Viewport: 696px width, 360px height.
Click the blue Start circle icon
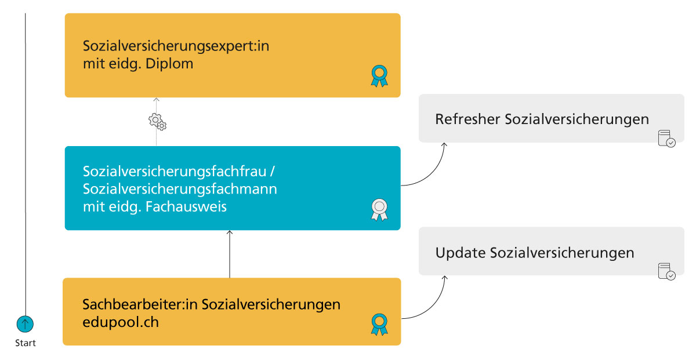pos(25,324)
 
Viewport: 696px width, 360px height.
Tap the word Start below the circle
pos(26,343)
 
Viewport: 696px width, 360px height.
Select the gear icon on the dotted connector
pos(157,122)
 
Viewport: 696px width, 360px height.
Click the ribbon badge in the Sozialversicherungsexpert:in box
pos(379,76)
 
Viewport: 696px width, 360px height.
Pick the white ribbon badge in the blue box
pos(379,210)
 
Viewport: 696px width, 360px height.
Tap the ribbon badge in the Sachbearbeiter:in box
pos(379,325)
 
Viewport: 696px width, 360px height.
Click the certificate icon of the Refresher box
pos(666,139)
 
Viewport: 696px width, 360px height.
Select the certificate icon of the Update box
pos(666,272)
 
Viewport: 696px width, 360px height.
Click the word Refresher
pos(467,119)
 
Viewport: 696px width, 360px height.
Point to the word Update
pos(461,253)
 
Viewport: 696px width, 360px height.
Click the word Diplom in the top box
pos(169,64)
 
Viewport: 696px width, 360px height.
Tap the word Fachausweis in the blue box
pos(186,207)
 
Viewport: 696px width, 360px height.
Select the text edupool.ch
pos(121,322)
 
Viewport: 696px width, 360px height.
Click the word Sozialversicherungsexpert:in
pos(176,46)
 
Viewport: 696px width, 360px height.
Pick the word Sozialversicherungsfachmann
pos(180,189)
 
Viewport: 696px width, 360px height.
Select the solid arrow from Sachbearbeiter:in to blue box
pos(230,254)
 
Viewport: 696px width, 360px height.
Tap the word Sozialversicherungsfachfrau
pos(175,172)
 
